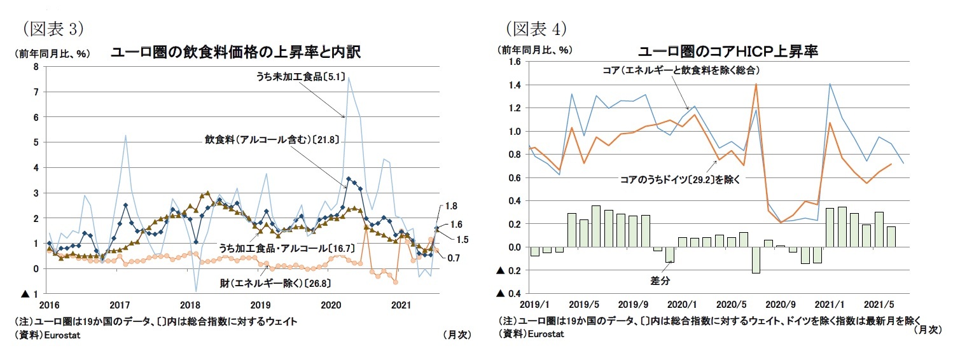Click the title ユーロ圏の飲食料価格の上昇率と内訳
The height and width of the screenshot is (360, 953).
click(x=235, y=52)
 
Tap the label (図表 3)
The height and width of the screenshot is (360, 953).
click(x=53, y=29)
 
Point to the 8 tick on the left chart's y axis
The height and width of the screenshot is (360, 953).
click(x=35, y=67)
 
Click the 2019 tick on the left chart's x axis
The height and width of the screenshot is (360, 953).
click(x=260, y=304)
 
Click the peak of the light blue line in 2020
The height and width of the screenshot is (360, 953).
click(x=349, y=77)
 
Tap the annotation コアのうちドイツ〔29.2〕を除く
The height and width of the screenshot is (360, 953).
click(x=679, y=180)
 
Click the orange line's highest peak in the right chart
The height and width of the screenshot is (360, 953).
click(x=755, y=84)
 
